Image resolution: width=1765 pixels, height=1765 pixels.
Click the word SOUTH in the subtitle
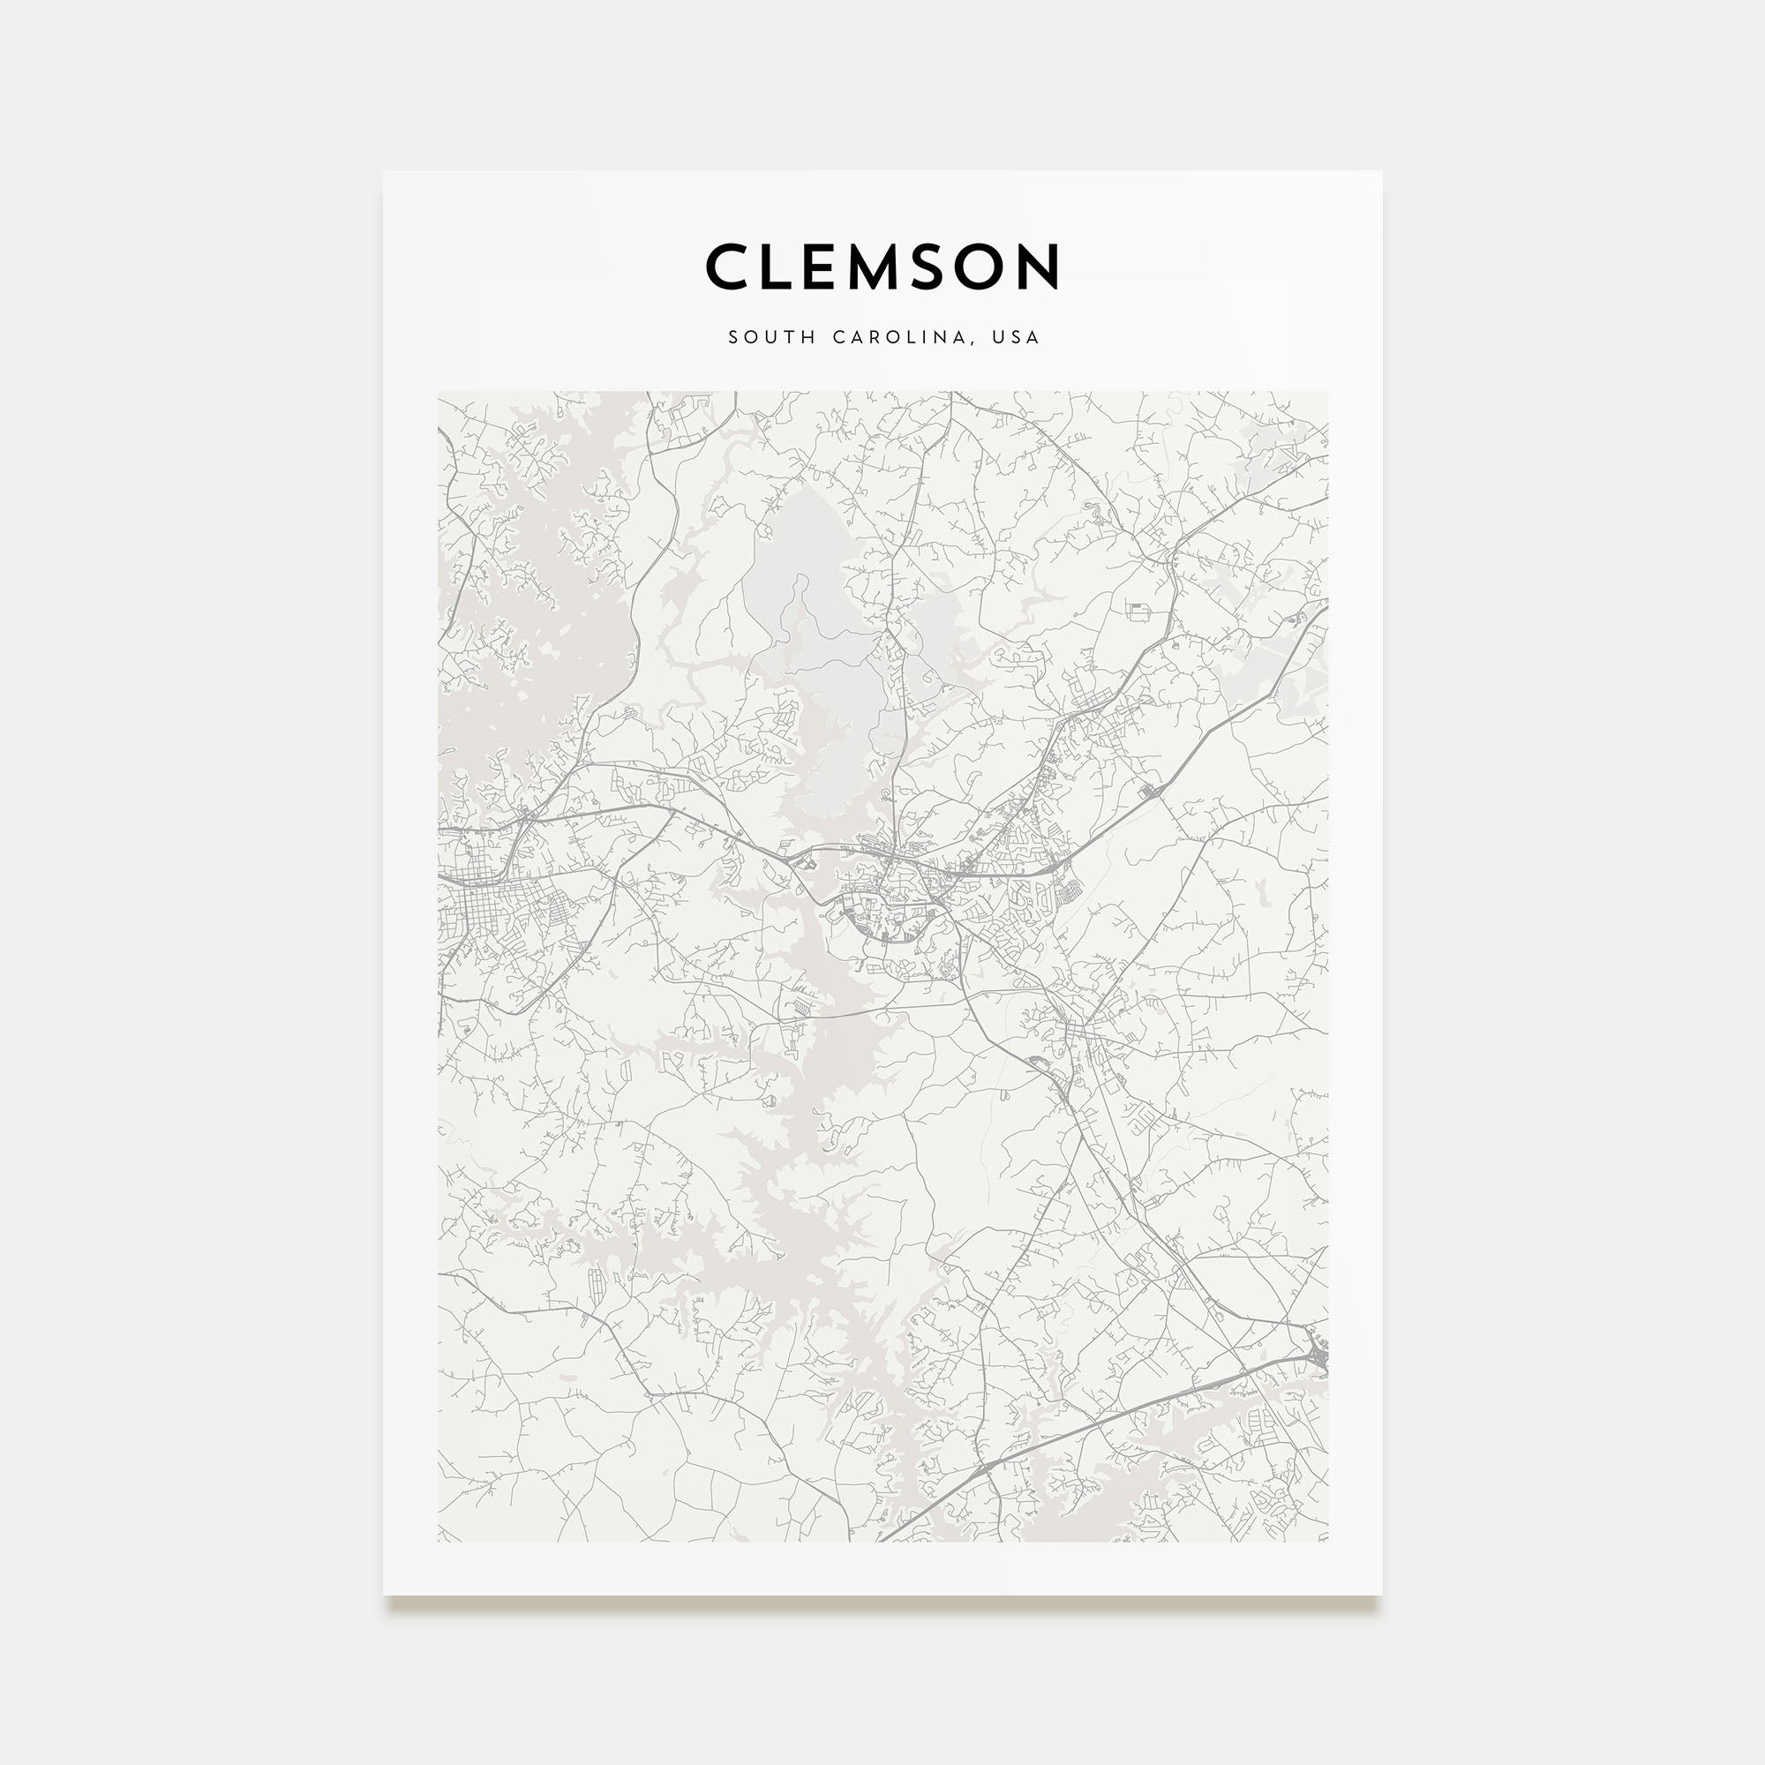772,337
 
